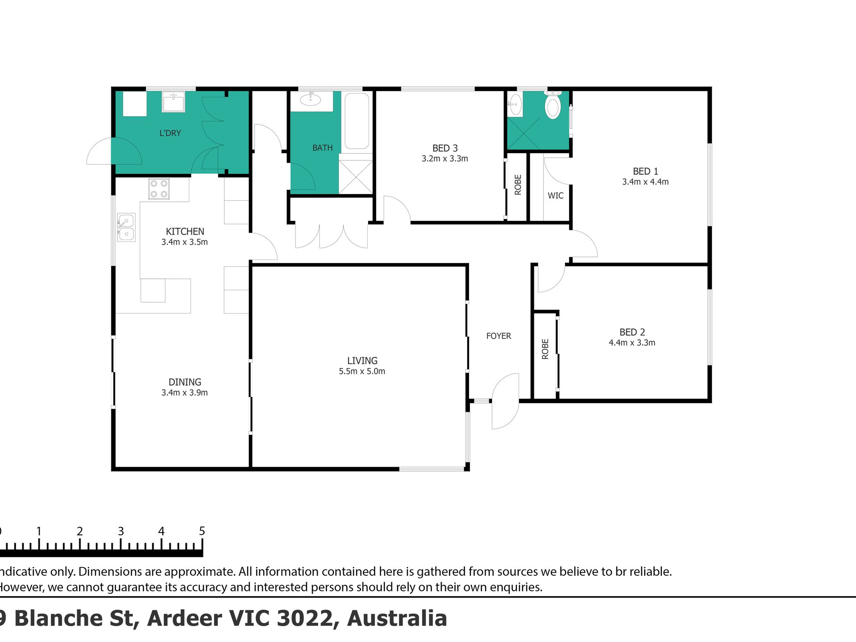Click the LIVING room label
click(362, 360)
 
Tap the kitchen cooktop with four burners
click(159, 189)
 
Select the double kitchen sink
click(126, 228)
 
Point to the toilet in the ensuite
click(553, 105)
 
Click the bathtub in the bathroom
click(357, 121)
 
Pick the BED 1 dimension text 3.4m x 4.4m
click(645, 182)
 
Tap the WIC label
click(555, 196)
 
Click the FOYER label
click(499, 336)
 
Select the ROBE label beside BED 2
click(545, 349)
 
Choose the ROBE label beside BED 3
click(518, 185)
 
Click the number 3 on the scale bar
click(121, 532)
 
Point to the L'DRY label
click(170, 133)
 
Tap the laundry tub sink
click(173, 101)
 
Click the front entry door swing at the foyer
click(505, 401)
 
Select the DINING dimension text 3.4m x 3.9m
click(185, 393)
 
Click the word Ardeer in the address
click(186, 618)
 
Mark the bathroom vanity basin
click(311, 100)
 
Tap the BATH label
click(323, 148)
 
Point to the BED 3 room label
click(445, 148)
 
